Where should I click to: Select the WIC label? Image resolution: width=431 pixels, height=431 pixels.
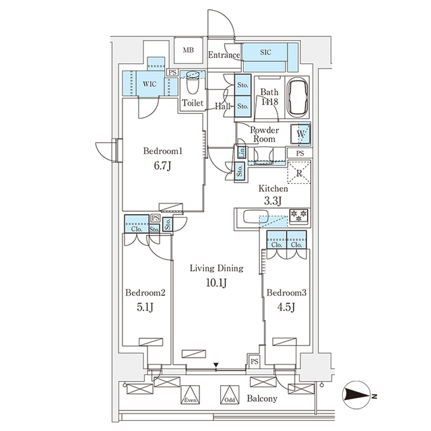point(150,84)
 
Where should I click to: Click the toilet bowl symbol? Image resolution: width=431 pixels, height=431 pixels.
point(193,85)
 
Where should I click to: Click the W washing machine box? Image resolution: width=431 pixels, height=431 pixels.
point(300,134)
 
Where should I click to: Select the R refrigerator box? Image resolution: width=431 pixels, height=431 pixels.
point(299,174)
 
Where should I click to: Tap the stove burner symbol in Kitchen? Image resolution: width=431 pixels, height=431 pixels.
point(298,216)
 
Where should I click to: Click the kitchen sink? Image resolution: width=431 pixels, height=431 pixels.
point(255,218)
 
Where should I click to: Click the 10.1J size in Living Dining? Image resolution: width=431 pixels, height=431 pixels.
point(215,283)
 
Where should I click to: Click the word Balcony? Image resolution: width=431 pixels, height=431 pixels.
point(263,399)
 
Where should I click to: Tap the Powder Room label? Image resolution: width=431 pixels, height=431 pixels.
point(263,134)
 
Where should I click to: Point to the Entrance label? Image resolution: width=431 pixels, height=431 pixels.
point(223,55)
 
